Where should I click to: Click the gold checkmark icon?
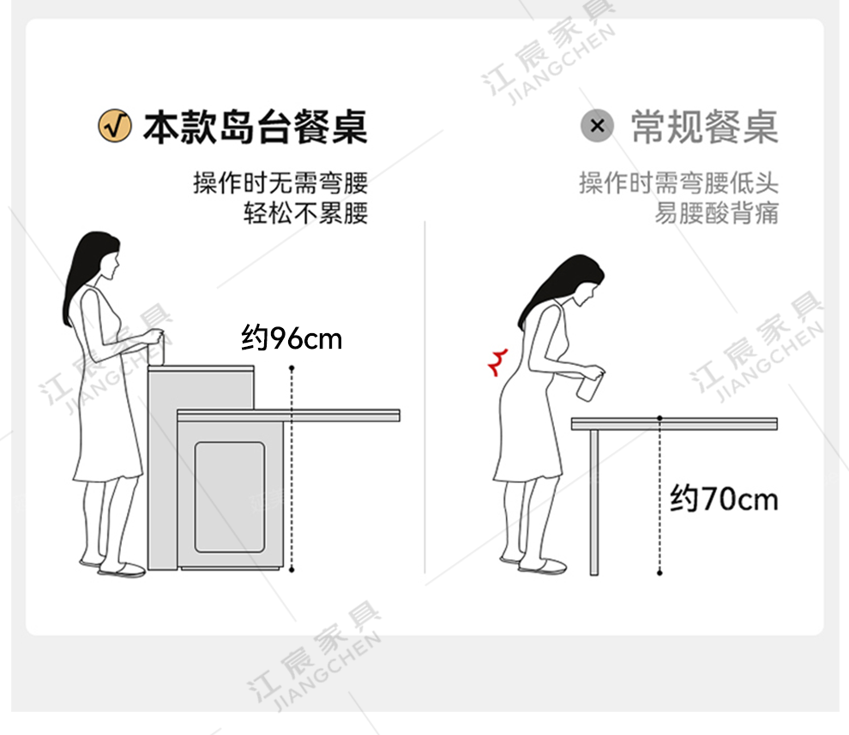114,126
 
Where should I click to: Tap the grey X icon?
597,126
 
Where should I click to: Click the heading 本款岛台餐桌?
256,127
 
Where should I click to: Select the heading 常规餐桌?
705,127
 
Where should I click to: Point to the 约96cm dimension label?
292,338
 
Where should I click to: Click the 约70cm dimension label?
724,498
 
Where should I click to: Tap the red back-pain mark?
498,362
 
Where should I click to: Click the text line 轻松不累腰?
305,212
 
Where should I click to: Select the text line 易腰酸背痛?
717,212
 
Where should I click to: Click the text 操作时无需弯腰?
280,182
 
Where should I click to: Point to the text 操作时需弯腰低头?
679,182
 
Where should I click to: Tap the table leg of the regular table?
594,503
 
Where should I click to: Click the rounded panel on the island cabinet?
230,497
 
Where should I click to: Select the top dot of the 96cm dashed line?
292,368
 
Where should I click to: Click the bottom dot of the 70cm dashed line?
659,573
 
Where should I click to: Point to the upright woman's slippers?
114,567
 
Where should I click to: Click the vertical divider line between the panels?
425,397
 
